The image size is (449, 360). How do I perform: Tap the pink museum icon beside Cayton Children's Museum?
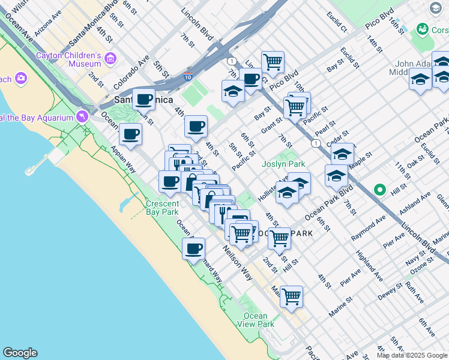pyautogui.click(x=110, y=58)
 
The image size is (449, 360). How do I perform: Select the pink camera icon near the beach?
pyautogui.click(x=22, y=79)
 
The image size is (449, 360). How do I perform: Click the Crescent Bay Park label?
pyautogui.click(x=162, y=208)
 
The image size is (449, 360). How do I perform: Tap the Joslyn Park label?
pyautogui.click(x=283, y=164)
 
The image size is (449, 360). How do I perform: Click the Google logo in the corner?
pyautogui.click(x=20, y=353)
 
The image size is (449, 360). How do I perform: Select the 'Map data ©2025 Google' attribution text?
pyautogui.click(x=412, y=355)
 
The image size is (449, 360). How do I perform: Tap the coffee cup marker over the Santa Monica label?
pyautogui.click(x=143, y=100)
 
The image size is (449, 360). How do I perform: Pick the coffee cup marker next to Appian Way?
pyautogui.click(x=130, y=134)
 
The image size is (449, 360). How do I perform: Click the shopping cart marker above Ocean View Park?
pyautogui.click(x=291, y=296)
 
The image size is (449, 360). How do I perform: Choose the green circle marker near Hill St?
pyautogui.click(x=379, y=190)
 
